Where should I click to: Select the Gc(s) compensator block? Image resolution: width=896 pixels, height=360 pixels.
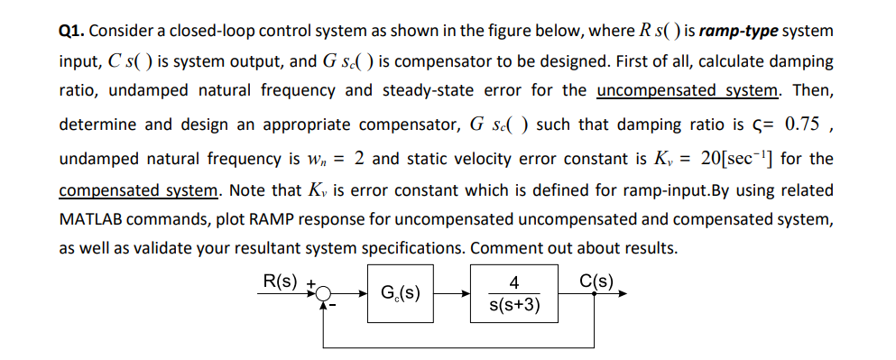tap(399, 292)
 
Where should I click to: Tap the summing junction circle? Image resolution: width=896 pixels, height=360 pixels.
tap(324, 292)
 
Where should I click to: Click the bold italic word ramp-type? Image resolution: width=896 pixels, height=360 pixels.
tap(737, 32)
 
